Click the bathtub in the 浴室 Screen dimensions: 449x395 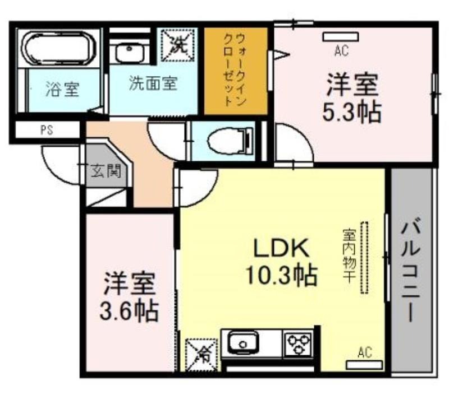(59, 49)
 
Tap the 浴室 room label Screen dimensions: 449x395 (62, 89)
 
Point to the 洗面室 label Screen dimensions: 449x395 (153, 83)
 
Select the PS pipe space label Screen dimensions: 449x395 (47, 131)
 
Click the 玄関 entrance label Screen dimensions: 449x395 (107, 171)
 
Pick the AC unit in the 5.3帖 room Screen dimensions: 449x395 (341, 36)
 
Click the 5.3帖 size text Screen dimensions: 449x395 (352, 111)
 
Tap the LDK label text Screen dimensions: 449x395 (282, 248)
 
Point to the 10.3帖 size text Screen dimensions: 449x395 (282, 276)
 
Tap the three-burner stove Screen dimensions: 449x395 (298, 343)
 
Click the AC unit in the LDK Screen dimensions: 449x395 (364, 365)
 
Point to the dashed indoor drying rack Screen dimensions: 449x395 (364, 257)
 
